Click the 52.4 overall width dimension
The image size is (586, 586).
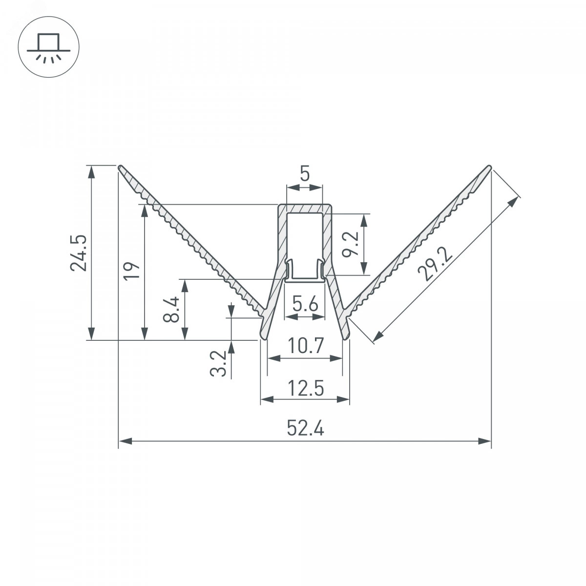pos(305,428)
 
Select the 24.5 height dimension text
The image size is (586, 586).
pos(79,252)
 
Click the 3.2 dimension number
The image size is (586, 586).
pos(218,363)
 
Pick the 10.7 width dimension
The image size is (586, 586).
pos(305,346)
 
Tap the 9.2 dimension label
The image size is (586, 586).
pos(349,244)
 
